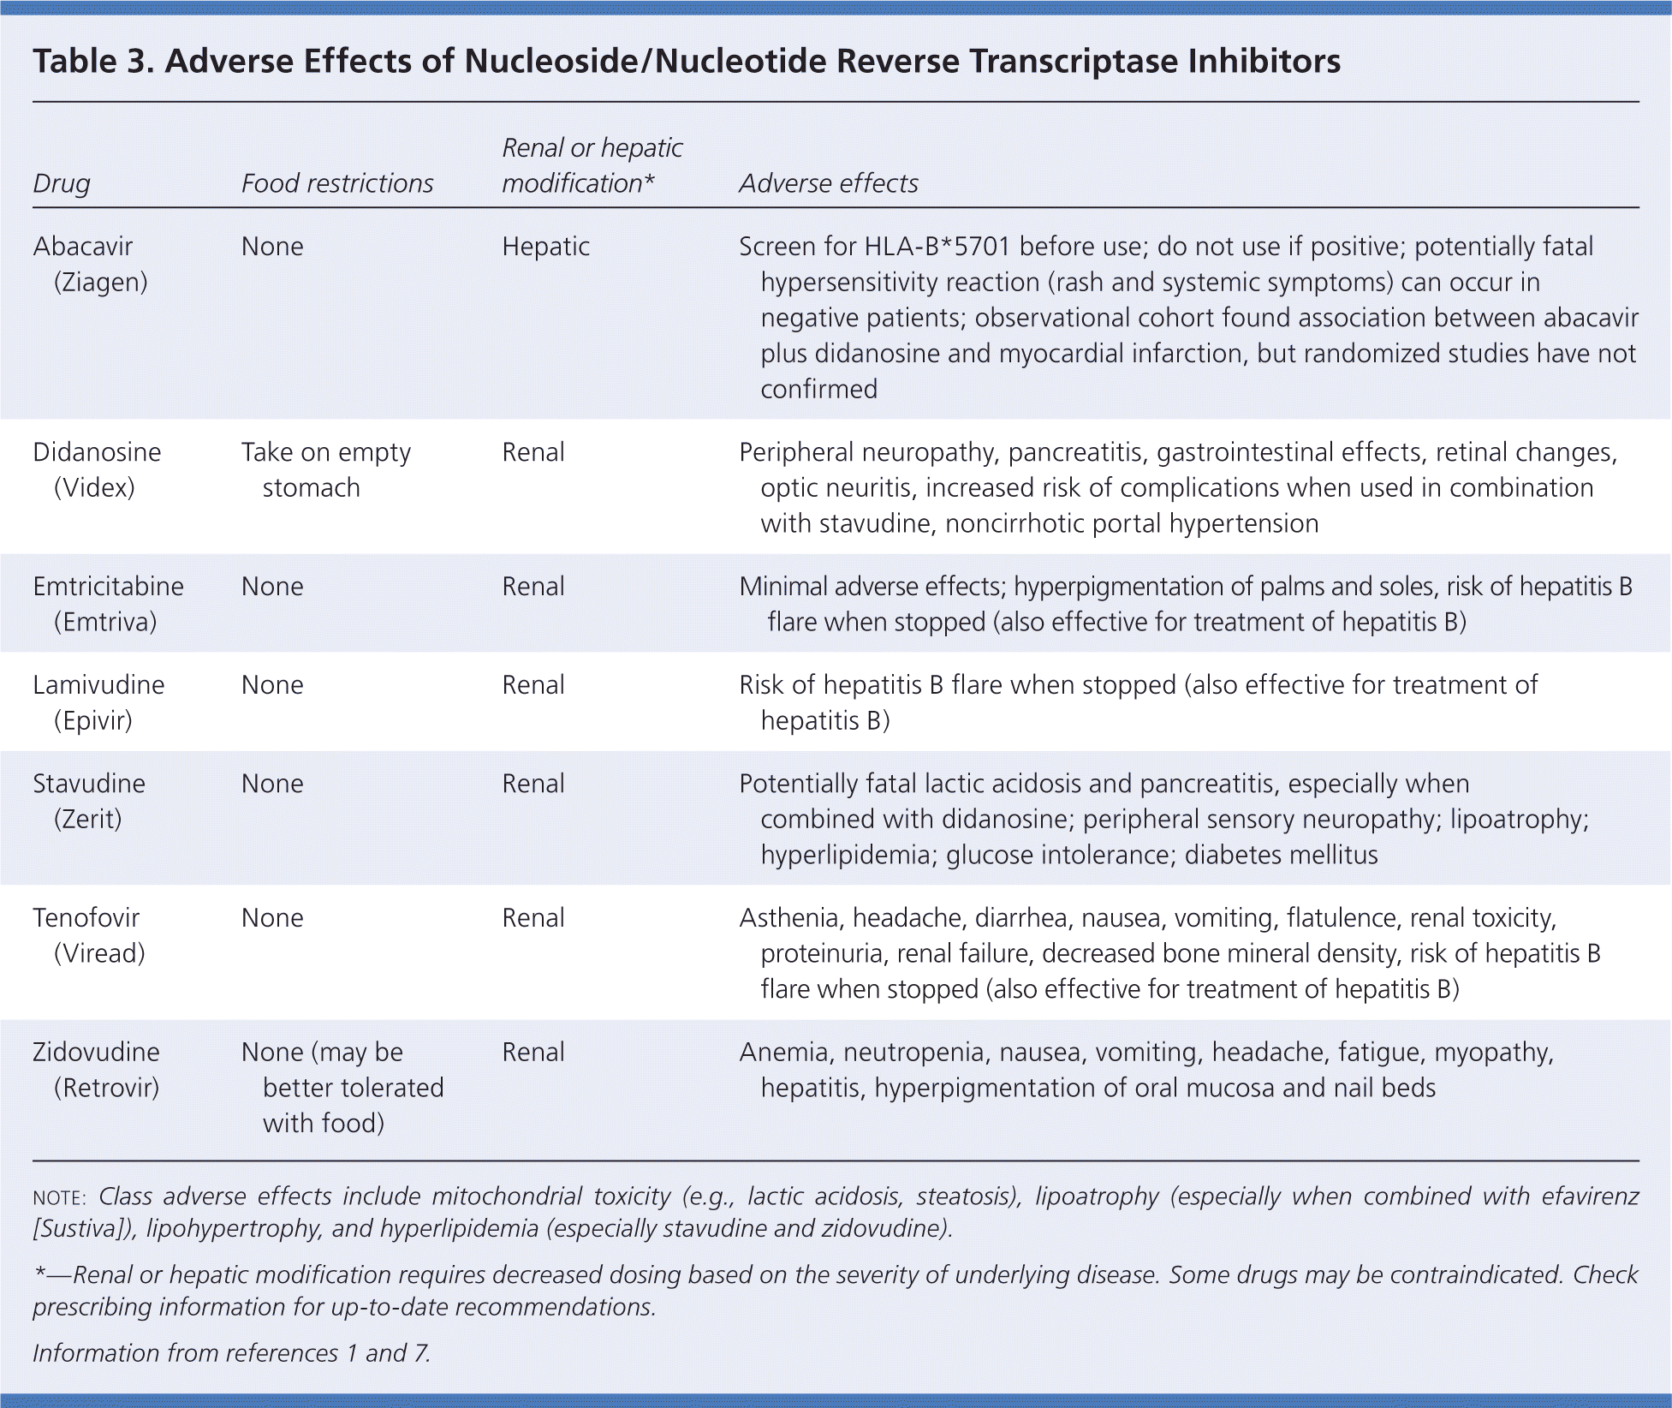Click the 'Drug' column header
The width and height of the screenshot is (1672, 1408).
[x=62, y=183]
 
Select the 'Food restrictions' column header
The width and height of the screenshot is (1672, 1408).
[x=337, y=183]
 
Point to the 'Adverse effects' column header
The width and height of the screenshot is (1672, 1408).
[x=828, y=183]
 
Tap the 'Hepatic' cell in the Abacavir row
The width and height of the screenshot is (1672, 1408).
[x=545, y=247]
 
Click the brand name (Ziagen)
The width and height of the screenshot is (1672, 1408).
[x=101, y=283]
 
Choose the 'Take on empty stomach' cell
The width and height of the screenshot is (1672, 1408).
[x=325, y=469]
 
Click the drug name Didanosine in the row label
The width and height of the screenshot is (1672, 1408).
[x=97, y=452]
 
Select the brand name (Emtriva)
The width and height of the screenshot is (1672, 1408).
[x=105, y=622]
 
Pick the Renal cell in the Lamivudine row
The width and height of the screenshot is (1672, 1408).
[x=533, y=685]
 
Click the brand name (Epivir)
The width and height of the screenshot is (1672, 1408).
[x=93, y=720]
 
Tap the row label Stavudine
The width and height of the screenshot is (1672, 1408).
[x=89, y=784]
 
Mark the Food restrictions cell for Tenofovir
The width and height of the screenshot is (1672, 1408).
[x=272, y=918]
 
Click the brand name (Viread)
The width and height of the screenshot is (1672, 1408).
[x=99, y=953]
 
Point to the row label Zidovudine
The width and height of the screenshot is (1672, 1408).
[x=96, y=1053]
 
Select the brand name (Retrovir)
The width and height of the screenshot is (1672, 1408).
[x=107, y=1088]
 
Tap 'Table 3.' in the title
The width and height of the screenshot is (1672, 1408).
[x=93, y=62]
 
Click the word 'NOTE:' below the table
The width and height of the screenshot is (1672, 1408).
[x=59, y=1197]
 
